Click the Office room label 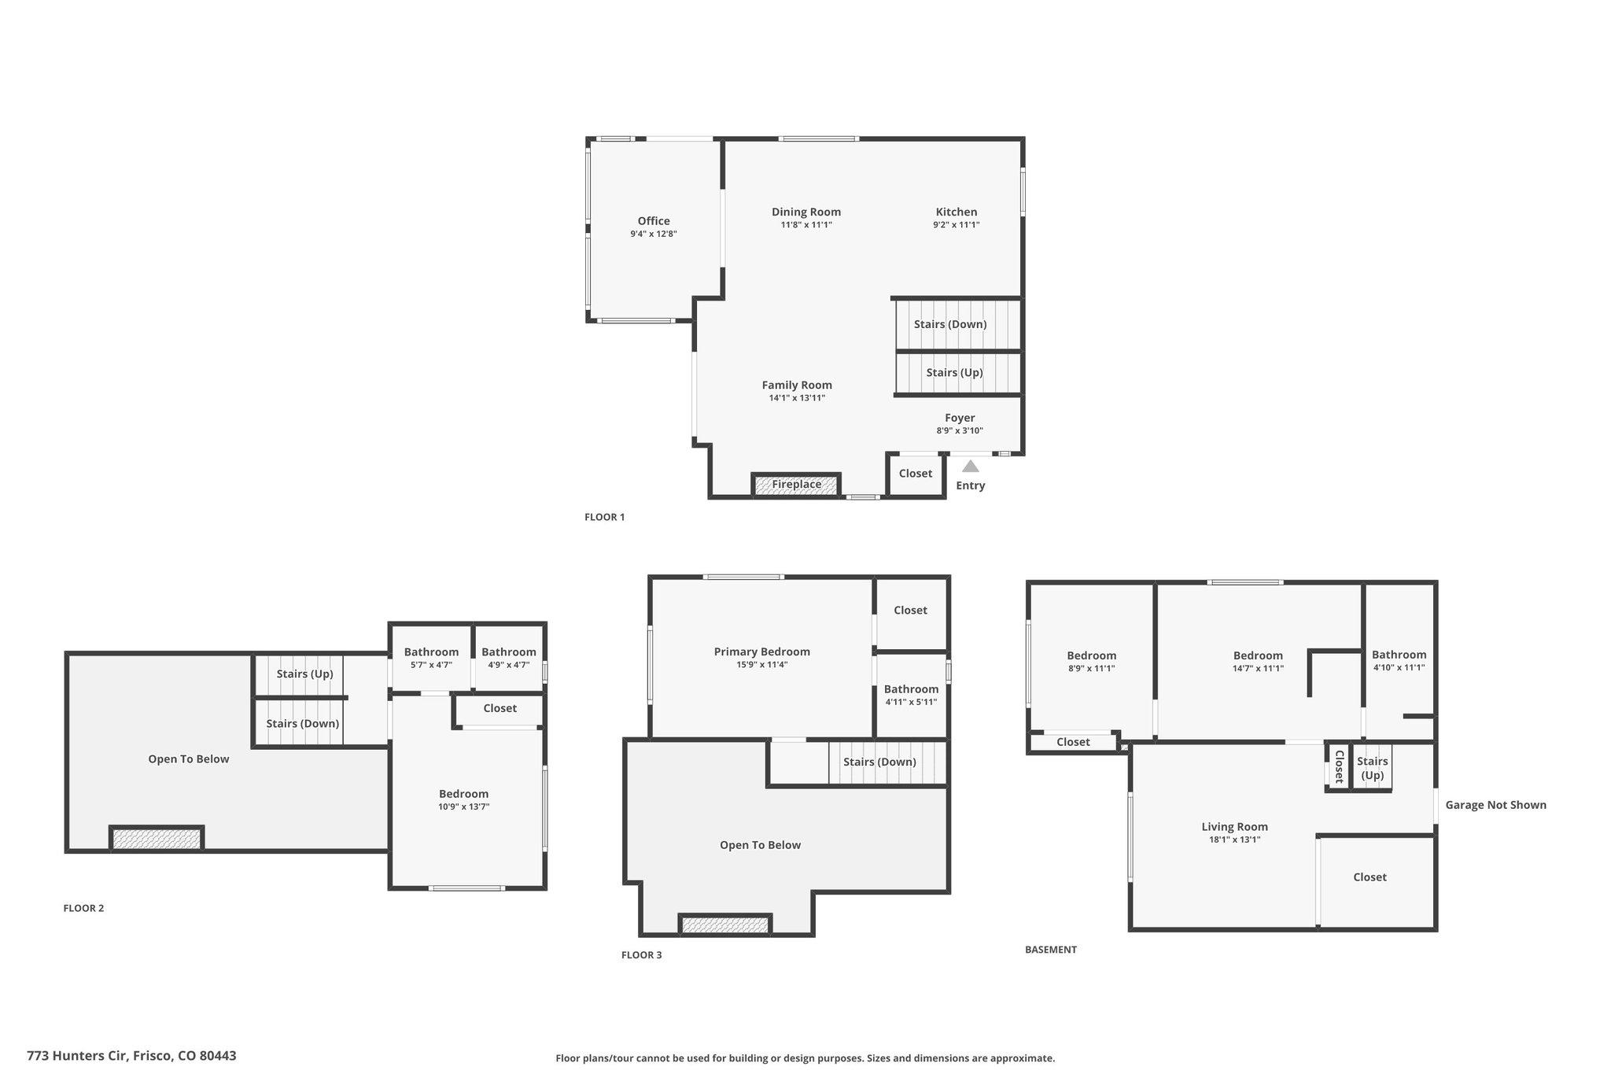(654, 221)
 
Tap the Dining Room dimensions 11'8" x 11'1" (806, 225)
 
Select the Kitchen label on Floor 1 (957, 212)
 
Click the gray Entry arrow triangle (971, 466)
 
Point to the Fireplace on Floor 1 (796, 485)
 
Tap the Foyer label (960, 418)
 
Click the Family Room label (797, 385)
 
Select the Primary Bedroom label (762, 651)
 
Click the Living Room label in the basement (1235, 826)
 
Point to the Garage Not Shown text (1496, 805)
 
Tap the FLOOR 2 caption (83, 908)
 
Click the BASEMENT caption (1051, 950)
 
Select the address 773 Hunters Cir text (77, 1056)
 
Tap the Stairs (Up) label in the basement (1373, 768)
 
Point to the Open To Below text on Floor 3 (761, 845)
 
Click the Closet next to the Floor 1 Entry (916, 474)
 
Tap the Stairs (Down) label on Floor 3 (880, 762)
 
